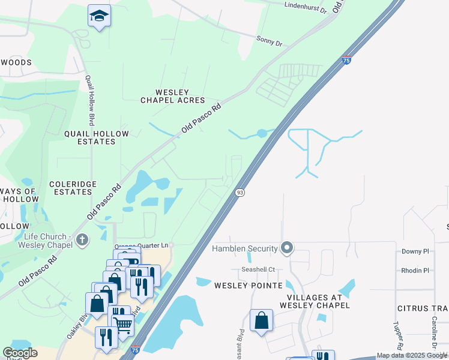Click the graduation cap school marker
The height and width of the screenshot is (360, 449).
[99, 16]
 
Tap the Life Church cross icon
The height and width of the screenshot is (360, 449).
[82, 240]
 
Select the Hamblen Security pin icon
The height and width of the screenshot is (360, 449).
[287, 248]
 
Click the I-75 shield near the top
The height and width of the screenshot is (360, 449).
[346, 60]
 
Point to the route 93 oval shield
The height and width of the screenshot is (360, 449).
[240, 192]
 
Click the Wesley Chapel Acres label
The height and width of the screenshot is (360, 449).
[173, 96]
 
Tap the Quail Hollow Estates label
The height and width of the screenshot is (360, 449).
[90, 137]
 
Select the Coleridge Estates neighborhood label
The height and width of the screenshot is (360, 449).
[71, 188]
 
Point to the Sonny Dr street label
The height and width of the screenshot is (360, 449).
[269, 42]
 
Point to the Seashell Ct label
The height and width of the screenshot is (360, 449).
[258, 269]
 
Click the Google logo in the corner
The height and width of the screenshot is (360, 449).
[20, 353]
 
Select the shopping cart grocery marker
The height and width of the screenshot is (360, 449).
[123, 325]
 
